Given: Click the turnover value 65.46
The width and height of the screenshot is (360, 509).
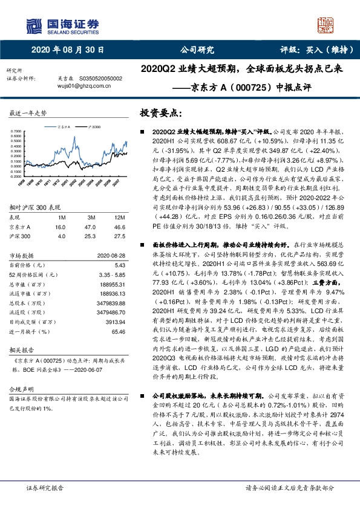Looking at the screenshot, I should click(x=117, y=332).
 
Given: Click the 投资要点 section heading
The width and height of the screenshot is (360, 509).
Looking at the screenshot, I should click(x=160, y=113).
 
